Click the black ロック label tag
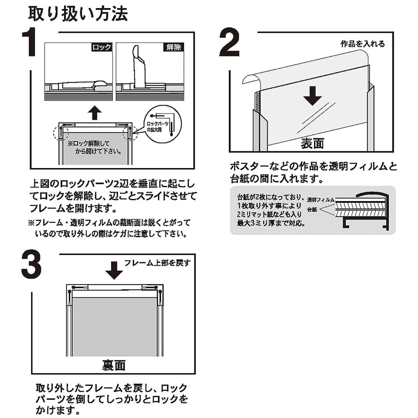pyautogui.click(x=102, y=47)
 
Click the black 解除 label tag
pyautogui.click(x=174, y=47)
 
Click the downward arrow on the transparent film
pyautogui.click(x=313, y=96)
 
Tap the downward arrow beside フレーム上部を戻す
pyautogui.click(x=114, y=270)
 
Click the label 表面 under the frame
pyautogui.click(x=312, y=144)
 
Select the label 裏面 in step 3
pyautogui.click(x=114, y=365)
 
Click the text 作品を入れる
pyautogui.click(x=363, y=44)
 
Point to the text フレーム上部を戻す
pyautogui.click(x=157, y=263)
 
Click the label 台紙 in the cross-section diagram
pyautogui.click(x=312, y=210)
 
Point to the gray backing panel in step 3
pyautogui.click(x=114, y=326)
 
